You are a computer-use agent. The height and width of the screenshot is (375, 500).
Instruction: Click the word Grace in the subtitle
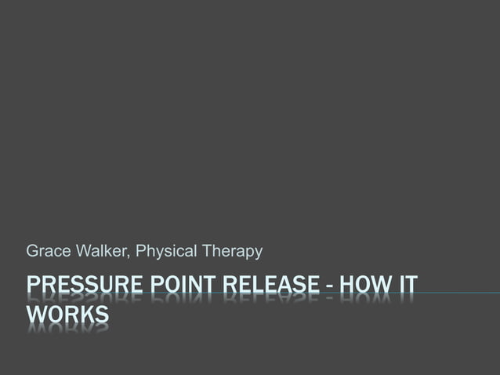point(44,252)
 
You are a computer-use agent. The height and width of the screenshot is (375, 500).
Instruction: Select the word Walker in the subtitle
point(99,252)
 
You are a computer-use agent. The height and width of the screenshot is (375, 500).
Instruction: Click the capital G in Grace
point(32,252)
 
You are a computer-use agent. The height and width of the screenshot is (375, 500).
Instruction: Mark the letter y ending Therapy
point(258,253)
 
